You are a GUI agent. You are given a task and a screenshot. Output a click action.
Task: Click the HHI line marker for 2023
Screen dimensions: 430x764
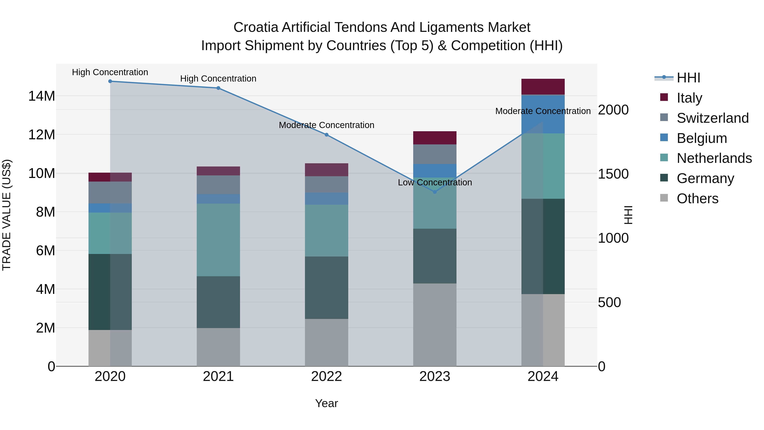[x=435, y=192]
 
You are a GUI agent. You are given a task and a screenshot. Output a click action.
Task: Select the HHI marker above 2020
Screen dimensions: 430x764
[x=110, y=81]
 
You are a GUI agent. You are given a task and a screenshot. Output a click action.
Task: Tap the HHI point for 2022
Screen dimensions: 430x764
[x=327, y=135]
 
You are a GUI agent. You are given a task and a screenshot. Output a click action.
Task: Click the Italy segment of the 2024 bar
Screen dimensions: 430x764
[x=543, y=87]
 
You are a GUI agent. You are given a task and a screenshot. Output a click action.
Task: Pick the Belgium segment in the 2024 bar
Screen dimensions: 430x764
[x=543, y=114]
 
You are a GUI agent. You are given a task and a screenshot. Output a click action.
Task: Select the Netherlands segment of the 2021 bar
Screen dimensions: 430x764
[x=218, y=240]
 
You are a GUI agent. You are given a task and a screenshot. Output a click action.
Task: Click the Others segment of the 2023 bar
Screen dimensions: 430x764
[x=435, y=325]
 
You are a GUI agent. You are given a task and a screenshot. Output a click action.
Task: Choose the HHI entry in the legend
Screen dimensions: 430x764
[x=688, y=78]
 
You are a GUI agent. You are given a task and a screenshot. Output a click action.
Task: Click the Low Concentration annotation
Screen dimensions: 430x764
[x=435, y=182]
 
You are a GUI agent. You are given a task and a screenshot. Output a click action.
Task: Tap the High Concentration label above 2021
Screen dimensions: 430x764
[x=218, y=79]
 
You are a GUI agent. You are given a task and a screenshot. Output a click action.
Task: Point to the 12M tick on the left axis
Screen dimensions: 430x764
[x=42, y=135]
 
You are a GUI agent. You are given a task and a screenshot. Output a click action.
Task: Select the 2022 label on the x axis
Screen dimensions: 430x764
[x=327, y=376]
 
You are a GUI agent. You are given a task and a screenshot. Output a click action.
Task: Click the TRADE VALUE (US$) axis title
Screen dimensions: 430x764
[x=7, y=215]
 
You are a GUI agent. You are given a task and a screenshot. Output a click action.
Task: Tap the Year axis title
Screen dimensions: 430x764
[x=327, y=403]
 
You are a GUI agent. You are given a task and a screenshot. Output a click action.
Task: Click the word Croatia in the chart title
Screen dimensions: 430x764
[x=256, y=28]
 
